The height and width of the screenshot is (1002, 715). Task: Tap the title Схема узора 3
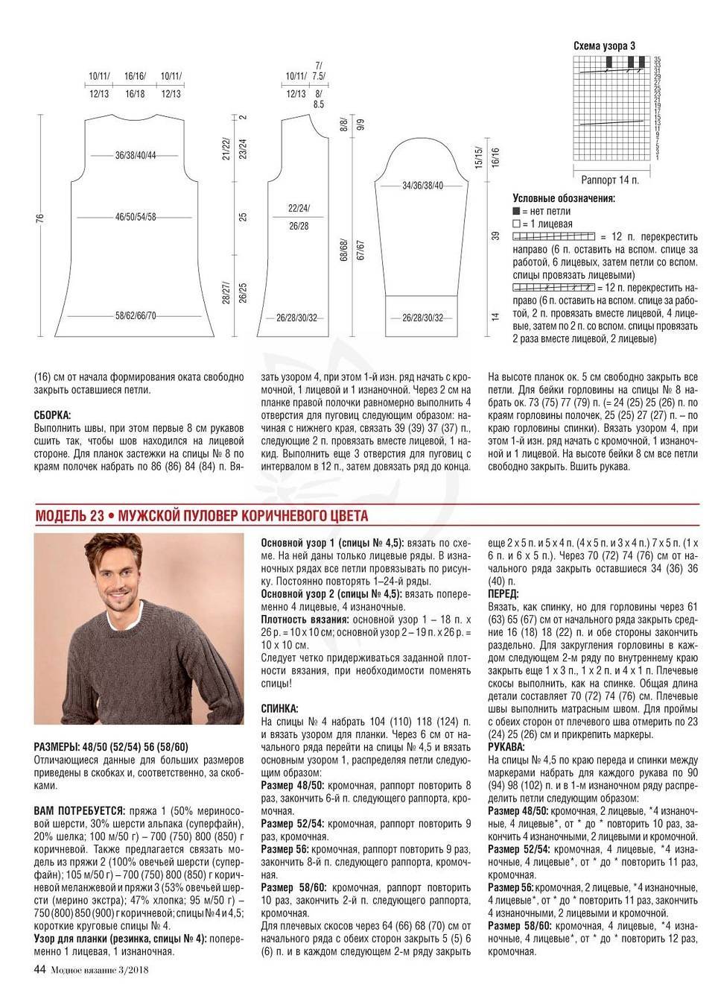(x=604, y=45)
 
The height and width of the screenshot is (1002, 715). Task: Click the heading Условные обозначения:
(x=564, y=199)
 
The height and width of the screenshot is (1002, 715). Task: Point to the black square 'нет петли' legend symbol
(x=516, y=211)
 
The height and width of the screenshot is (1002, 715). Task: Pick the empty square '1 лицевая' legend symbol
(x=516, y=223)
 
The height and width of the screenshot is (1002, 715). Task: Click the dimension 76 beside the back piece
(x=40, y=218)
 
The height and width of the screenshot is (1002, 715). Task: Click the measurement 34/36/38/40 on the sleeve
(x=422, y=185)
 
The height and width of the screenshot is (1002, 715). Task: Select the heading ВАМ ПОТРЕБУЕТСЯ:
(x=79, y=809)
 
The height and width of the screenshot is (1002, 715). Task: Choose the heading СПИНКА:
(x=280, y=707)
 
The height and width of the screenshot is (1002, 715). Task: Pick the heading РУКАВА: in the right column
(x=506, y=746)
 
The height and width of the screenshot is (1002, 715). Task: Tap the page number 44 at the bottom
(x=40, y=969)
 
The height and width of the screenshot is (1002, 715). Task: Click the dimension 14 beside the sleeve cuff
(x=495, y=316)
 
